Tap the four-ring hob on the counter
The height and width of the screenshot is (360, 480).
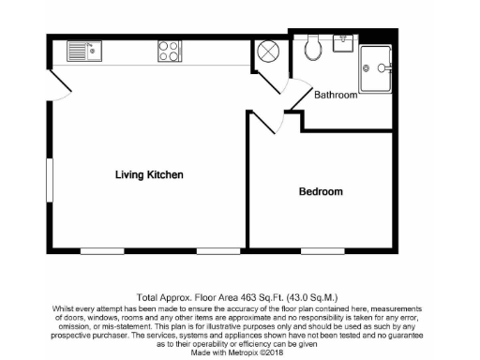pyautogui.click(x=169, y=51)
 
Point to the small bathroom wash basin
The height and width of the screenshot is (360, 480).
pyautogui.click(x=342, y=42)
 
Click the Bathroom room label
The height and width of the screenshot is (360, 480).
pyautogui.click(x=336, y=95)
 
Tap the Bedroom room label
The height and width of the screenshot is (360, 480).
pyautogui.click(x=321, y=192)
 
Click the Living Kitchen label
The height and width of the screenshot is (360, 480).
pyautogui.click(x=148, y=175)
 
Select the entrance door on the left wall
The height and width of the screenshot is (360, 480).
pyautogui.click(x=59, y=90)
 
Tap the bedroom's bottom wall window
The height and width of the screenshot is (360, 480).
pyautogui.click(x=325, y=252)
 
